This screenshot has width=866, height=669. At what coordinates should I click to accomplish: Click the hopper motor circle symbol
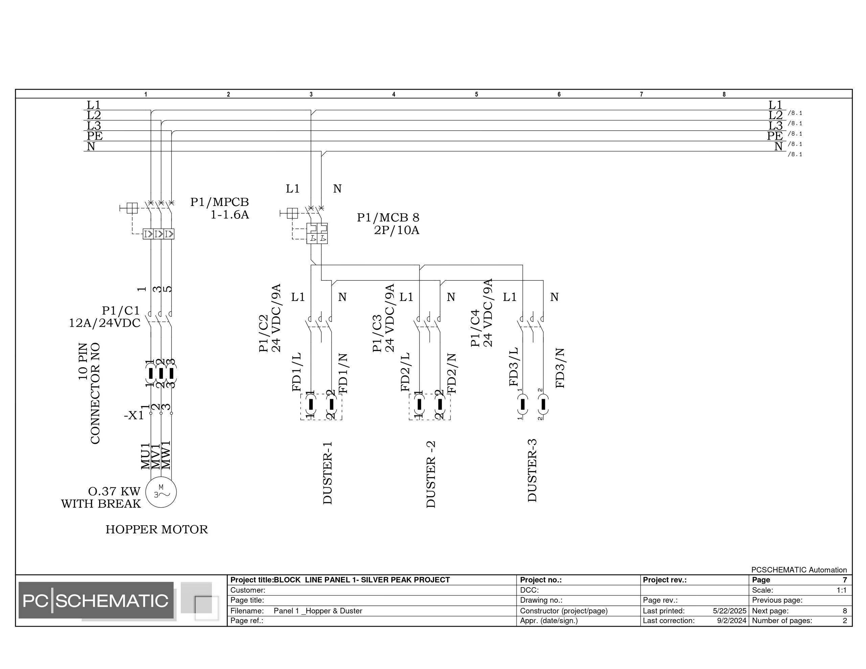point(161,492)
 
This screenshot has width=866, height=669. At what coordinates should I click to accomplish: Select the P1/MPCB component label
point(219,202)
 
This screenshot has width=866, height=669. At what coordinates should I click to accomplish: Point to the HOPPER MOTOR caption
point(157,529)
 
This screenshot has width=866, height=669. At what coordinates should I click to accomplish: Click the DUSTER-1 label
point(327,473)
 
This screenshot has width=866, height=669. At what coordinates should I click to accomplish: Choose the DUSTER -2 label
point(431,474)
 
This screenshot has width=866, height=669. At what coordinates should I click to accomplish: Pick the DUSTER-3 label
point(532,470)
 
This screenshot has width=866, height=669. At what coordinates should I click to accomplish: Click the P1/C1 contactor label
point(121,310)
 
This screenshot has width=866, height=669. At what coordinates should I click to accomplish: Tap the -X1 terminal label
point(134,415)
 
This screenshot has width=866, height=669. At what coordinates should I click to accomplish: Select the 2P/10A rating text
point(396,230)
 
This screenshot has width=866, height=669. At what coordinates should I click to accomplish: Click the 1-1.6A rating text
point(230,215)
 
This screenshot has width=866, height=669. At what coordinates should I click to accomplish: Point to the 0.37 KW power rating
point(114,491)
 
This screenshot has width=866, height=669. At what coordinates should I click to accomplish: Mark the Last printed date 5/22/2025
point(729,611)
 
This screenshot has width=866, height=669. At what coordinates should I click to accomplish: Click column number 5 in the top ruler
point(476,94)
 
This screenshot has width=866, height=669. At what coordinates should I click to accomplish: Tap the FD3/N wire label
point(560,368)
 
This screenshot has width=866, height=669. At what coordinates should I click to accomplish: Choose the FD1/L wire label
point(297,372)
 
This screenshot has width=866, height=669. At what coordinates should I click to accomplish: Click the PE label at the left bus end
point(95,136)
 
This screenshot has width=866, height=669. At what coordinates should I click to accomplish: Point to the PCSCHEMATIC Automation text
point(799,570)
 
